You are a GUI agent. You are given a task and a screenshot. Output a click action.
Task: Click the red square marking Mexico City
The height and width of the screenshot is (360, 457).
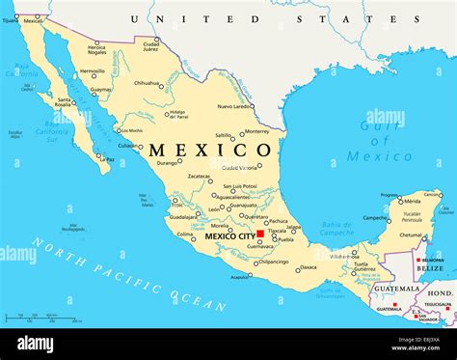coord(260,234)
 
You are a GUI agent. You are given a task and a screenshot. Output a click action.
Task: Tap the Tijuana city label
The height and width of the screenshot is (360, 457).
coord(11,19)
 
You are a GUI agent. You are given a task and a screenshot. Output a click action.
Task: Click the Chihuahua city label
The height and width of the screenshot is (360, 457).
coord(147,83)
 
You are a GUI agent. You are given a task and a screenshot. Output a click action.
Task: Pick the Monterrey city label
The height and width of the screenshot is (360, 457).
coord(256,131)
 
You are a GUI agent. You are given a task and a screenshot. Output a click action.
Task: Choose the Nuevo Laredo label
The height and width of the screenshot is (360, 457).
coord(235,106)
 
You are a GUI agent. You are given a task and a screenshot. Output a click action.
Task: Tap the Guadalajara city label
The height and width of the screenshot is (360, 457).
coord(182,217)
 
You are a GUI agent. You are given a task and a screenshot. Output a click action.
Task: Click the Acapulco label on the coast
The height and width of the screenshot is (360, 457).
coord(239,277)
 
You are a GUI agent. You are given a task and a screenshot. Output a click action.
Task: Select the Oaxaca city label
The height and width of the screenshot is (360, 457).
coord(308,267)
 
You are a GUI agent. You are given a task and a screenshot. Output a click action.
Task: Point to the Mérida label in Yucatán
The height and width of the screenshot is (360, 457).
coord(412,201)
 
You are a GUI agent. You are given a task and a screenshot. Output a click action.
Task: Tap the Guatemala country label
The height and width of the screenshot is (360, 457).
coord(396,289)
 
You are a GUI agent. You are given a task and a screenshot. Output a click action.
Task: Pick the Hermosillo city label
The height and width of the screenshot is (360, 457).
coord(93,70)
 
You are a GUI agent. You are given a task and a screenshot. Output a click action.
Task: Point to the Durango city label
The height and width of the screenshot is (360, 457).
coord(168,162)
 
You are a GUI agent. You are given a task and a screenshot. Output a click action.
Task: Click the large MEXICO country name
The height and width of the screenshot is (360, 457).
coord(210,151)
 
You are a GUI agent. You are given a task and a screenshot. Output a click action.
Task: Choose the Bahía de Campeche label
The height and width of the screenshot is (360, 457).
coord(336,228)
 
